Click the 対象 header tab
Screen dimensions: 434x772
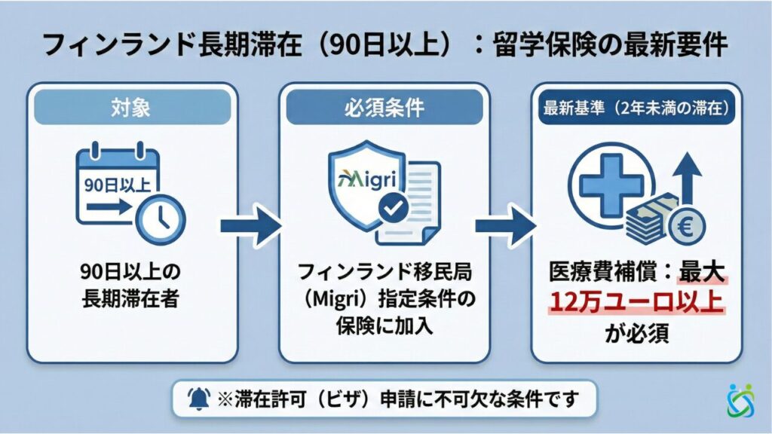[132, 107]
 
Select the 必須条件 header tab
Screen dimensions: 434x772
[384, 107]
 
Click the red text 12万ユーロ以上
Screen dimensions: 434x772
[636, 302]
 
